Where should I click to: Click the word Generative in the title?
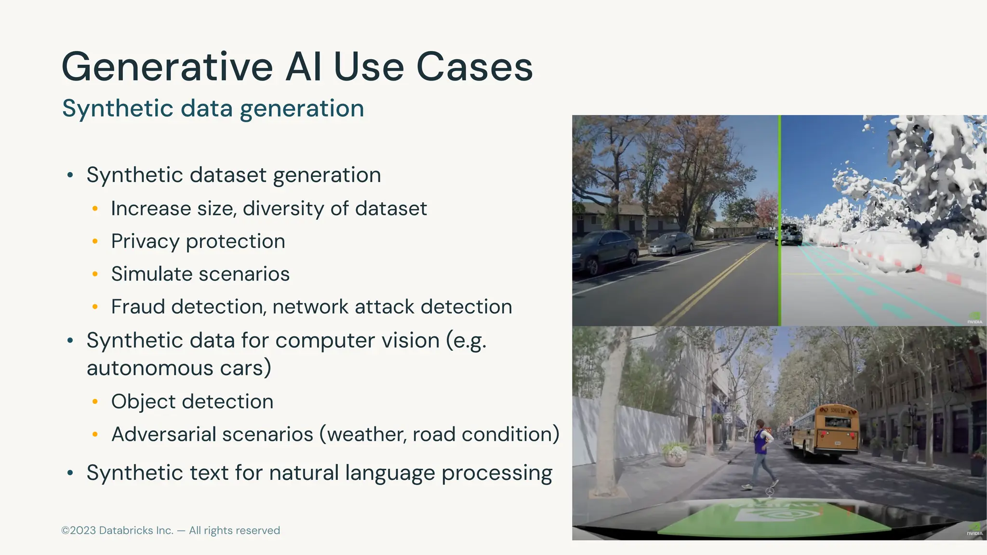[167, 67]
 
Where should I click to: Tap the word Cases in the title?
[474, 67]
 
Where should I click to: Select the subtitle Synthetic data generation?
[213, 108]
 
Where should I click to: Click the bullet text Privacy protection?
[198, 241]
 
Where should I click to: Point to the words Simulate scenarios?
[200, 274]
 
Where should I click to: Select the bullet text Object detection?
[192, 402]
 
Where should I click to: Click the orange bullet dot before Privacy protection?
[95, 241]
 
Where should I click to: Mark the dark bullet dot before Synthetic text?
[70, 473]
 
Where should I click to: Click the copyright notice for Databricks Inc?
[171, 530]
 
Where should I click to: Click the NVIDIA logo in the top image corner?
[974, 318]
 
